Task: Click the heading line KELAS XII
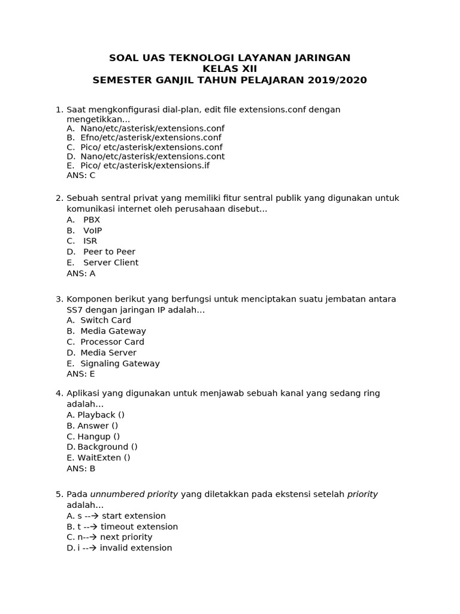(229, 69)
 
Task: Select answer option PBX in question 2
(92, 219)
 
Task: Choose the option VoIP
(93, 230)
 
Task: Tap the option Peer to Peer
(109, 252)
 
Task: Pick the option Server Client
(111, 263)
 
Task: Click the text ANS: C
(81, 176)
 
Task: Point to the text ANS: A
(81, 273)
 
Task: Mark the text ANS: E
(81, 374)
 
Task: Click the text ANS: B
(81, 469)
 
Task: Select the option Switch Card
(105, 320)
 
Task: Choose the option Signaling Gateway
(120, 363)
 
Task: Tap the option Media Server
(108, 353)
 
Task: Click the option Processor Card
(112, 342)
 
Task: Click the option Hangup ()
(99, 437)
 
